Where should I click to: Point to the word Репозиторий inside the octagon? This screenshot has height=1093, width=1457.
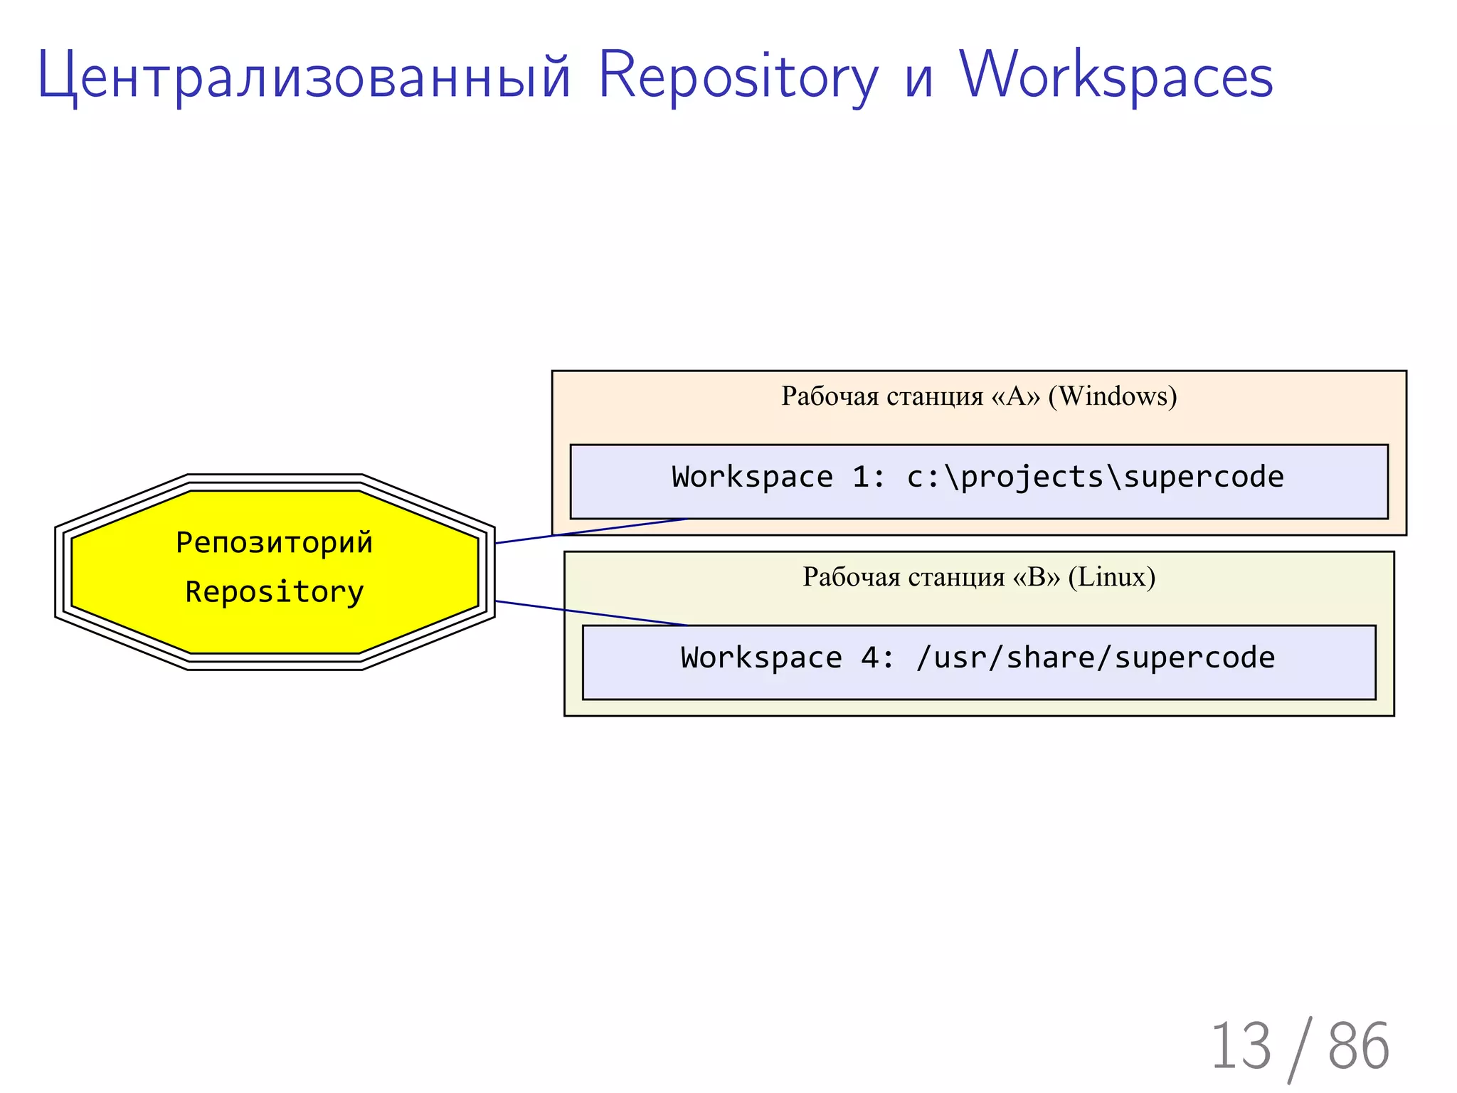[274, 543]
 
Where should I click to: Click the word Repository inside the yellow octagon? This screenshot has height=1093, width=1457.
[274, 592]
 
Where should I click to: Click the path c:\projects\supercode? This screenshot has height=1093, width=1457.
[1096, 477]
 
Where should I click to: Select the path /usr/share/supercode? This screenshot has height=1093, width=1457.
[1096, 658]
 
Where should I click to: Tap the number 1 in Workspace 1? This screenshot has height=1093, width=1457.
[860, 477]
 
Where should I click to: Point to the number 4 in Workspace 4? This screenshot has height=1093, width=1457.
[869, 658]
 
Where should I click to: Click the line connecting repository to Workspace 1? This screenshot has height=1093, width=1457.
[590, 532]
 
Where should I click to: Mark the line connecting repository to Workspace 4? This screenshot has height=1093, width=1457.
[590, 613]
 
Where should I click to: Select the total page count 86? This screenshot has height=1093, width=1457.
[1358, 1046]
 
